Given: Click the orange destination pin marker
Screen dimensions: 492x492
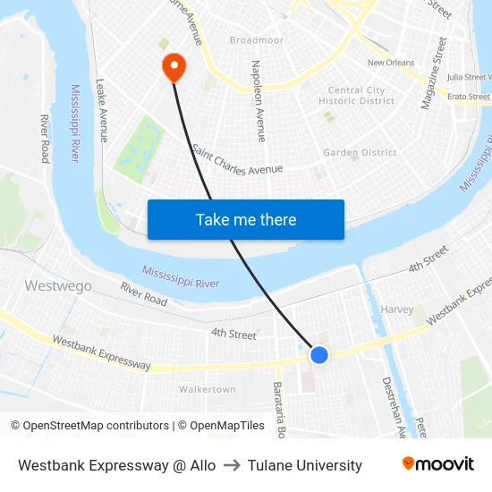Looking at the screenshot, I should point(172,65).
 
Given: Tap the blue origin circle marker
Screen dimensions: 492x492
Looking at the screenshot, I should point(319,355).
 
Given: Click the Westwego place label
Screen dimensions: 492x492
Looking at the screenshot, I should point(58,286).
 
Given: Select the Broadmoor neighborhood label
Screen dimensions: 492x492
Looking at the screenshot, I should point(257,40).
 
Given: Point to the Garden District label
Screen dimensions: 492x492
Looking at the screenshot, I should point(360,153).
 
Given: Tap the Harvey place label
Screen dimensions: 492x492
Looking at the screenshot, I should point(397,310).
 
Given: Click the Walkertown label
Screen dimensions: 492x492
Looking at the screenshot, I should point(207,389).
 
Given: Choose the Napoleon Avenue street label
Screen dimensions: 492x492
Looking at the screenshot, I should point(258,101).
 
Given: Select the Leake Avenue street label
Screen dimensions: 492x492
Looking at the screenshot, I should point(102,110).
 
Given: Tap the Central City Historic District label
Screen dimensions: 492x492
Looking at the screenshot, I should point(357,96).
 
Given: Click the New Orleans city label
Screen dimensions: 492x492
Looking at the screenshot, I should point(391,63).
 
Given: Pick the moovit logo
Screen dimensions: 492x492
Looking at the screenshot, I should point(437,464).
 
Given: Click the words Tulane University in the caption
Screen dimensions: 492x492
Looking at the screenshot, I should point(305,465).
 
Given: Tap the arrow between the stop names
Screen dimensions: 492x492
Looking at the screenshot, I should point(232,465).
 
